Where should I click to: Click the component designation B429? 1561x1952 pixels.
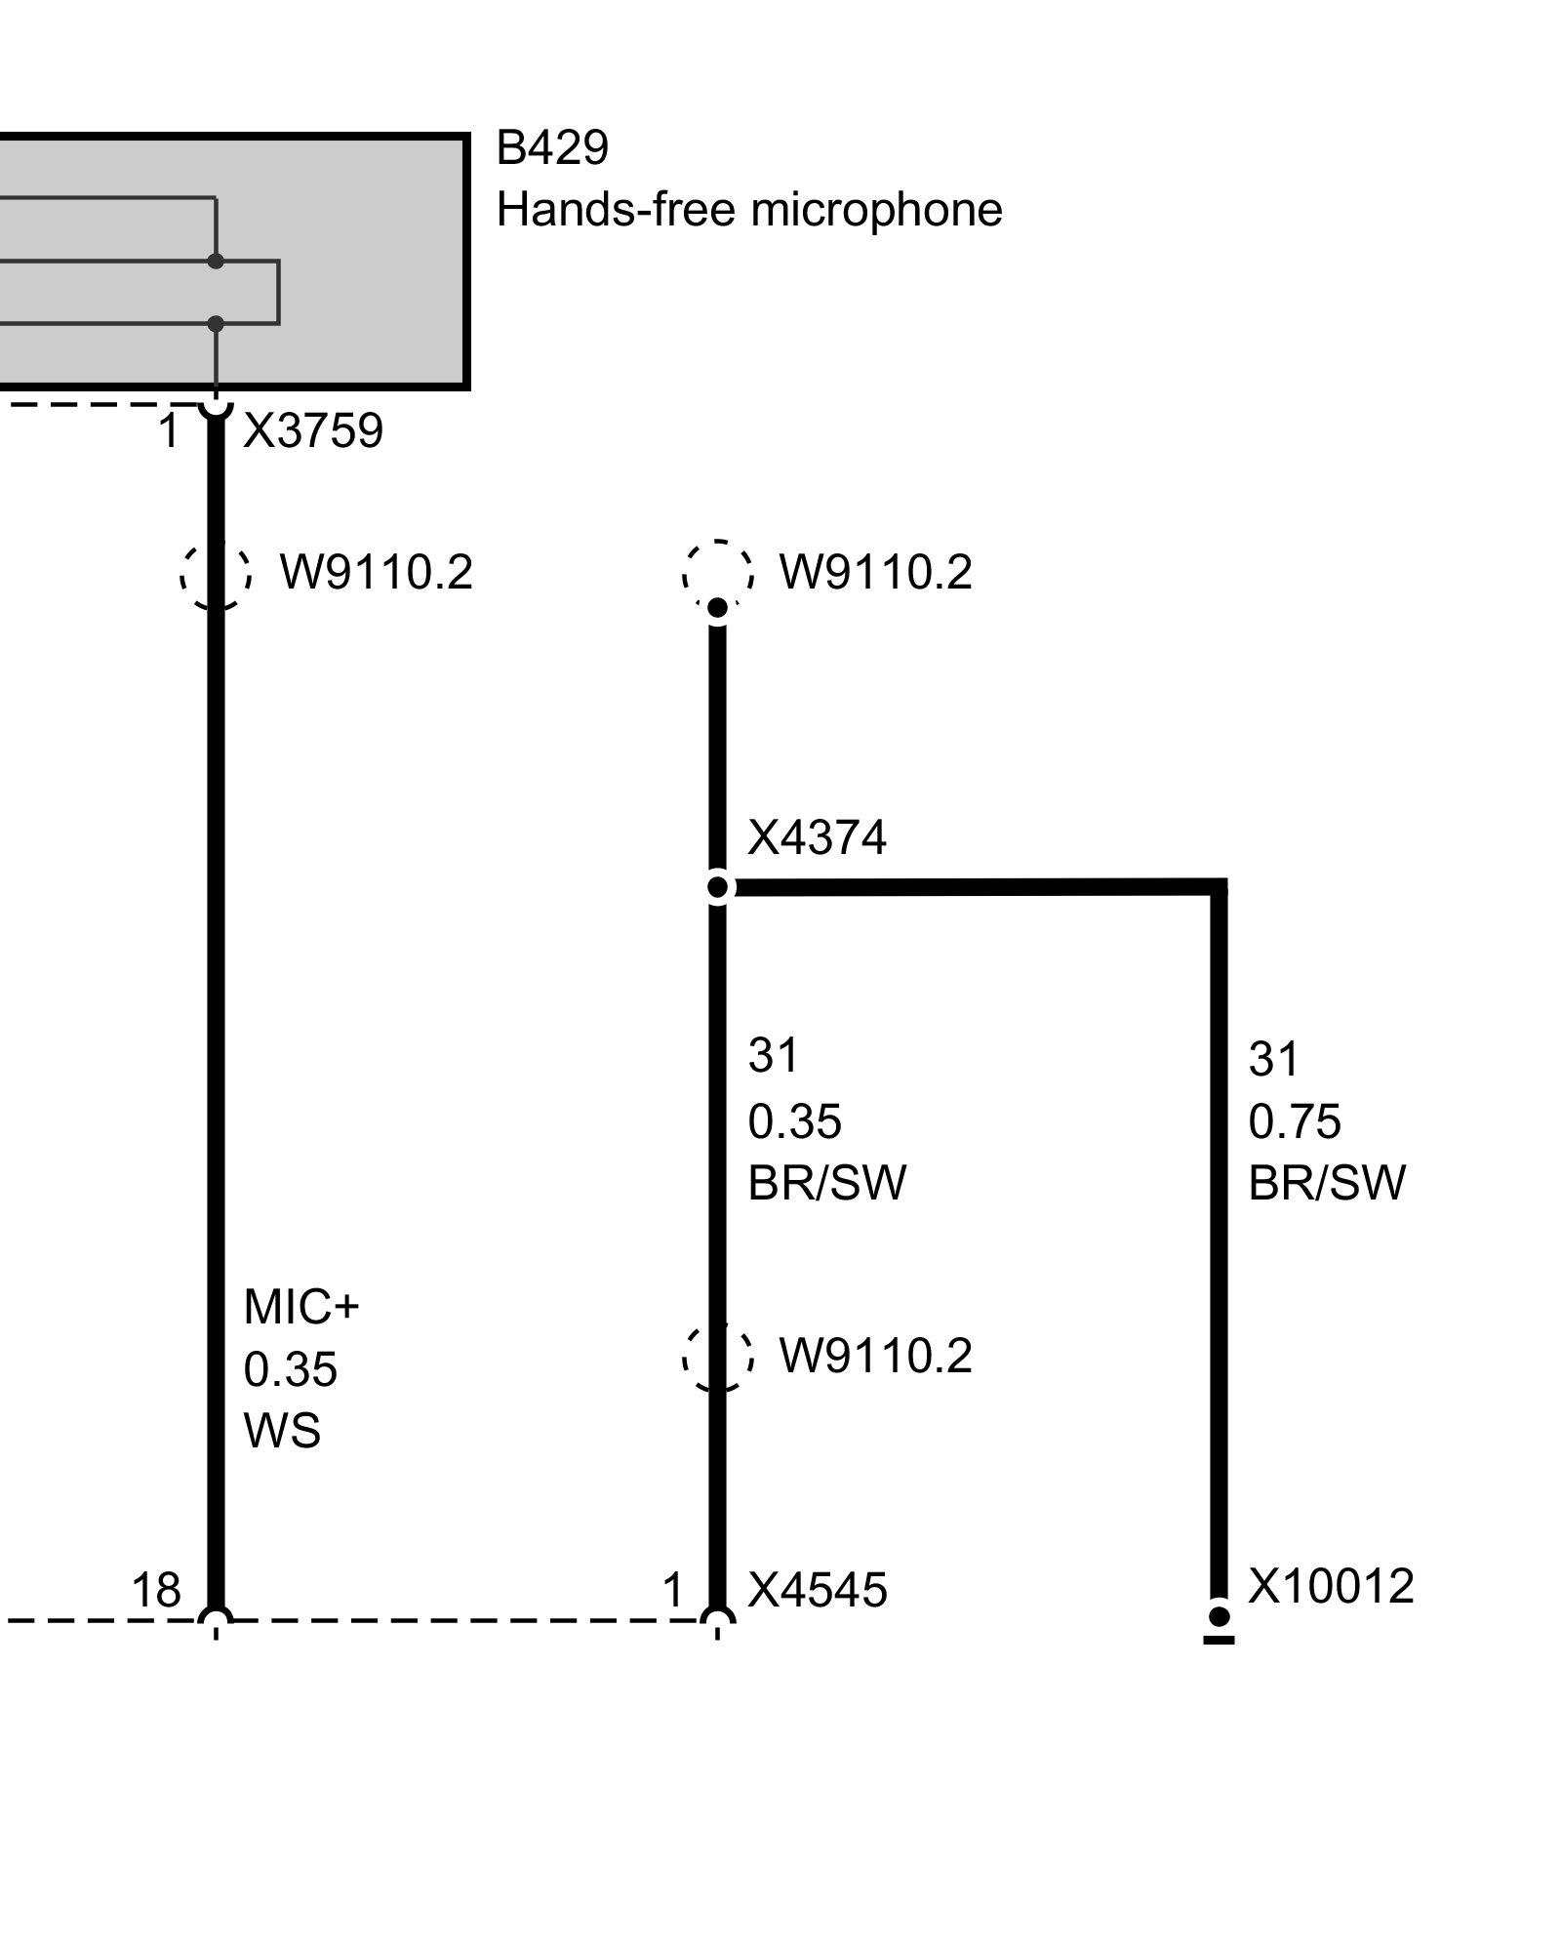tap(552, 148)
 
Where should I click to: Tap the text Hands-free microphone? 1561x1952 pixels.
tap(749, 210)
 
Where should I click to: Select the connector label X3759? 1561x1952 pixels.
tap(313, 430)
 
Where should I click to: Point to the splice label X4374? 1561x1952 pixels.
tap(817, 837)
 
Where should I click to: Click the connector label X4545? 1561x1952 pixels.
tap(818, 1590)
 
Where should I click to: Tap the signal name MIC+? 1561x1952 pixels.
tap(301, 1307)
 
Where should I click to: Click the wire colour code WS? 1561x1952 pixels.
tap(282, 1431)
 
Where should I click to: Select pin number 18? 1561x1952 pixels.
tap(156, 1590)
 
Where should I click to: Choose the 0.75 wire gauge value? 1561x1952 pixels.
tap(1295, 1121)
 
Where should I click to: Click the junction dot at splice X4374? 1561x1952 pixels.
tap(718, 887)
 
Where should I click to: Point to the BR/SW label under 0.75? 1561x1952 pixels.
tap(1327, 1183)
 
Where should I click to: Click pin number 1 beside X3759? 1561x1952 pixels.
tap(170, 431)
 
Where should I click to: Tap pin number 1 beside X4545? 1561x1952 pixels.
tap(673, 1591)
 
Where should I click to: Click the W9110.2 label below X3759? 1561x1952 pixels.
tap(377, 572)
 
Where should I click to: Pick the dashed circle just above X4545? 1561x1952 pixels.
tap(718, 1356)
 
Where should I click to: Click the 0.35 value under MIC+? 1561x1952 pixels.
tap(290, 1369)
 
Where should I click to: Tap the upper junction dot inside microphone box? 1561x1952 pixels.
tap(216, 262)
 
